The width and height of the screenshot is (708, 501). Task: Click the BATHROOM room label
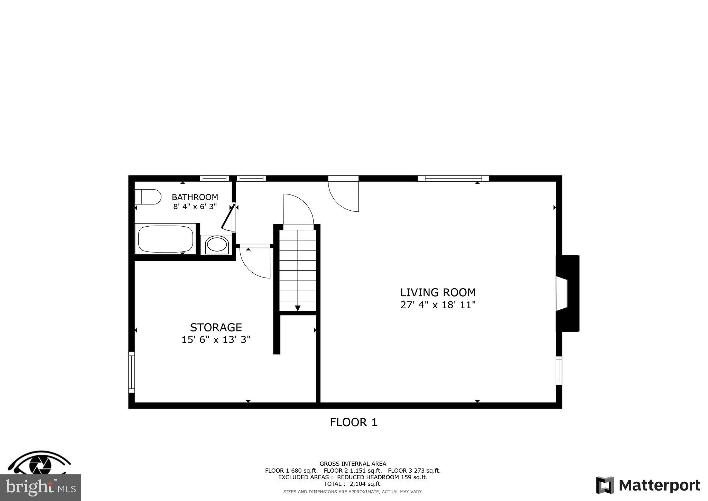[x=195, y=197]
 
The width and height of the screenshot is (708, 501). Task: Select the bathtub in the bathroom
[x=166, y=239]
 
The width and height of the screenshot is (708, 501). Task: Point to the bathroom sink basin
[x=216, y=245]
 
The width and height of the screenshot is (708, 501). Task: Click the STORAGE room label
[x=216, y=327]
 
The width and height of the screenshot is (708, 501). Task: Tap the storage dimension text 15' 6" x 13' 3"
[x=216, y=340]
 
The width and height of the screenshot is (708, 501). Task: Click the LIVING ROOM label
[x=438, y=293]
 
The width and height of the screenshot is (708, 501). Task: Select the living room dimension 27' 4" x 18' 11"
[x=438, y=305]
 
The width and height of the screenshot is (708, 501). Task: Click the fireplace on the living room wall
[x=567, y=293]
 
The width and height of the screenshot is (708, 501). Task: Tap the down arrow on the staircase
[x=298, y=308]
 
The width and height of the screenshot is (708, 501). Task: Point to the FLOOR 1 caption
[x=353, y=422]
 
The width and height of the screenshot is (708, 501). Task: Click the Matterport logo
[x=648, y=485]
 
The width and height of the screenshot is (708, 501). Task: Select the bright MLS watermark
[x=40, y=488]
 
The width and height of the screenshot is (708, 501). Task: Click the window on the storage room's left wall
[x=131, y=372]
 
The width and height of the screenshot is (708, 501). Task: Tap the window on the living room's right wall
[x=559, y=371]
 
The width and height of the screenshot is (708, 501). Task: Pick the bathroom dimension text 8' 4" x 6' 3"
[x=195, y=207]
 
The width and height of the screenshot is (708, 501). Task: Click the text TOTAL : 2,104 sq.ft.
[x=353, y=484]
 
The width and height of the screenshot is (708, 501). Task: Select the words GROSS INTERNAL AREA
[x=353, y=464]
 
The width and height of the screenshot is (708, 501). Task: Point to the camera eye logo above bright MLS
[x=40, y=463]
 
